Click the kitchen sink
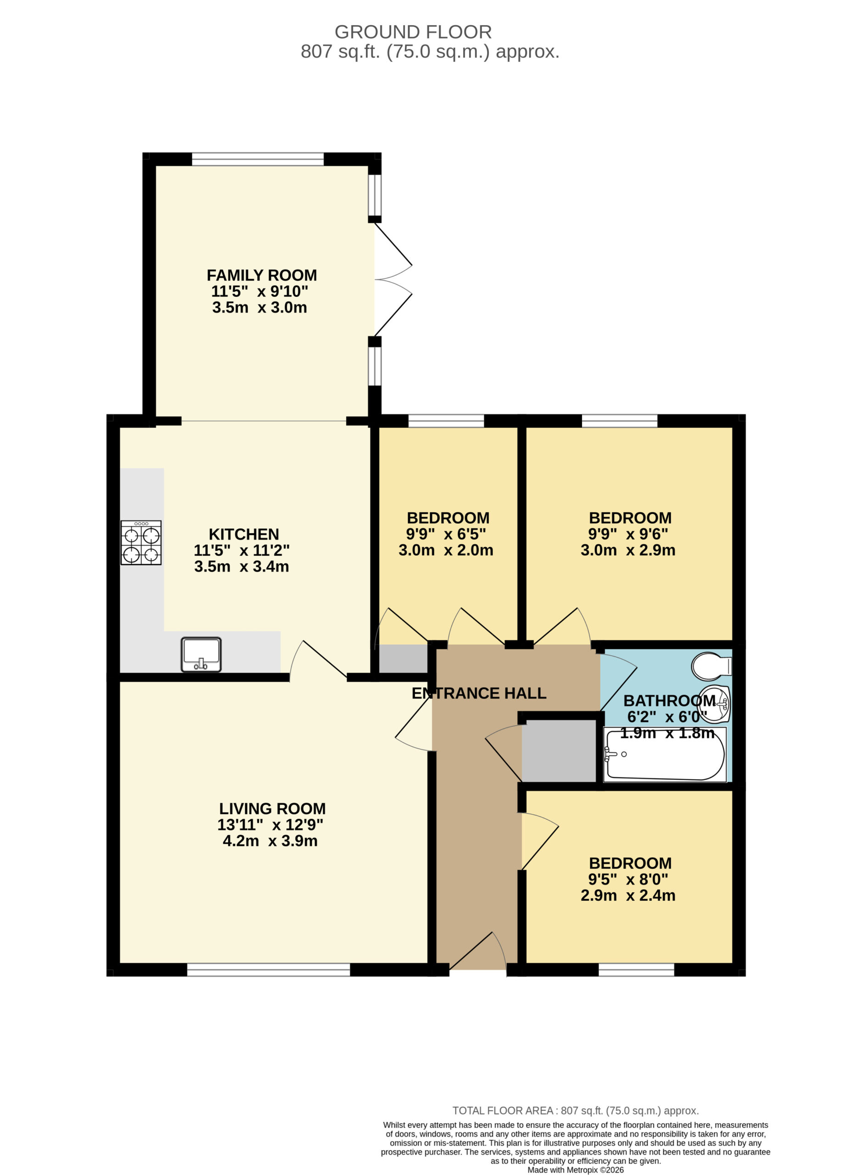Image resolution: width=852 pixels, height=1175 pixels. point(201,655)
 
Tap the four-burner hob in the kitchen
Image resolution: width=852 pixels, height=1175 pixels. point(141,543)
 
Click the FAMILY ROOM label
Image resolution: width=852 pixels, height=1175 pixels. point(262,275)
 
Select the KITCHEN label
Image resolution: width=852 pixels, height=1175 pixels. point(244,534)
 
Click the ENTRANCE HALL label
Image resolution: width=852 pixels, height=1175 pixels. point(479,693)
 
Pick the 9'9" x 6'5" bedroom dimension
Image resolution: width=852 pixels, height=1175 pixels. point(446,534)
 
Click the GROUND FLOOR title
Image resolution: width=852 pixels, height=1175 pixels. point(413,32)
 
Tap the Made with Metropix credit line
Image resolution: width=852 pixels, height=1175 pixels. point(576,1170)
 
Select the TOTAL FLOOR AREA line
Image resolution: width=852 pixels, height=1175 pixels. point(576,1111)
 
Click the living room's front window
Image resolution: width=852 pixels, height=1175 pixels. point(269,970)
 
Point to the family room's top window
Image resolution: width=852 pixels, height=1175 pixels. point(258,159)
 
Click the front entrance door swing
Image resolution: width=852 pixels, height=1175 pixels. point(477,951)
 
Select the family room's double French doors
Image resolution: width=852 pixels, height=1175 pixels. point(393,280)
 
